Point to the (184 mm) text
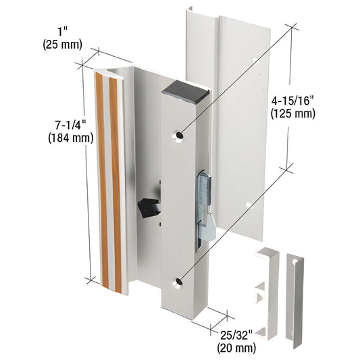coord(70,138)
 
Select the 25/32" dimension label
coord(236,335)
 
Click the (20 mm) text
coord(236,349)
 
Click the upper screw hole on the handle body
coord(179,136)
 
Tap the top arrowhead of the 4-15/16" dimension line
coord(292,28)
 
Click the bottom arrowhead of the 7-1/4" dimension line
coord(88,279)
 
